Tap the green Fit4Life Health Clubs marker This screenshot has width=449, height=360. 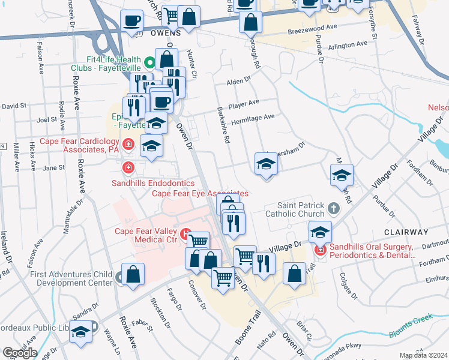pos(150,61)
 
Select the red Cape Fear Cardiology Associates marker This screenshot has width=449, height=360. pos(128,144)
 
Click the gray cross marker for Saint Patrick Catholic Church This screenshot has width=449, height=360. pos(334,208)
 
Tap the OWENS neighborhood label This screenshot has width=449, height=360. pos(149,34)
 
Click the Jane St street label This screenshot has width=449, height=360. pos(53,168)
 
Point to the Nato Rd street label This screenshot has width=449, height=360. pos(265,341)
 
